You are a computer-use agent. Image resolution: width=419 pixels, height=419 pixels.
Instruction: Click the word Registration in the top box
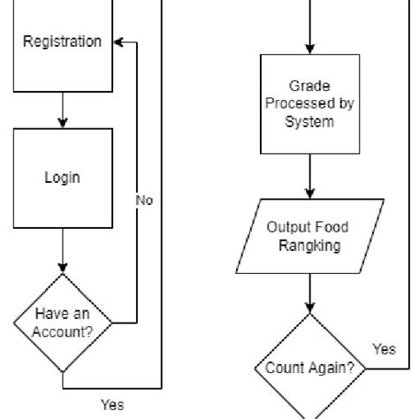coord(62,42)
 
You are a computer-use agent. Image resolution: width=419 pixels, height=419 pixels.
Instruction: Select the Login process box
coord(63,177)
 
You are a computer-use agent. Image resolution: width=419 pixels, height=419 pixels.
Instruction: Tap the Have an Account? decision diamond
coord(63,322)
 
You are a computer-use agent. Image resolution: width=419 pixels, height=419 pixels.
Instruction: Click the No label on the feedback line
coord(144,201)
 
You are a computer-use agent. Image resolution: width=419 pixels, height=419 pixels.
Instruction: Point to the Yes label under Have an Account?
coord(111,405)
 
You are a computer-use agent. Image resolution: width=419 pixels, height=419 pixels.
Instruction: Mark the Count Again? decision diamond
coord(309,365)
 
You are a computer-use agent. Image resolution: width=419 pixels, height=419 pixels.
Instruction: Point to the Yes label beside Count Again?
coord(385,349)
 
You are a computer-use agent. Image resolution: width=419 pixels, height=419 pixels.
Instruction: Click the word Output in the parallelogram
coord(287,226)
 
